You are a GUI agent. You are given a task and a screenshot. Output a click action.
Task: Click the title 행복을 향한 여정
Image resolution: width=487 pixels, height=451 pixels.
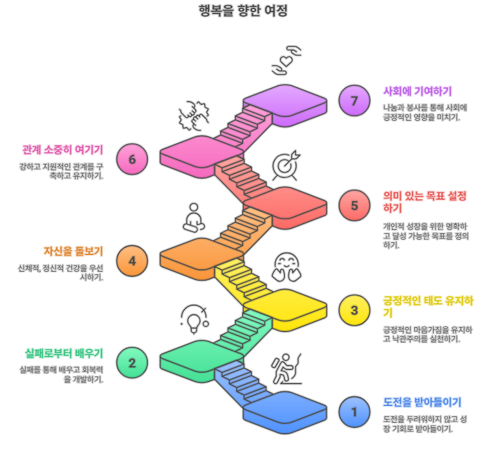coord(243,10)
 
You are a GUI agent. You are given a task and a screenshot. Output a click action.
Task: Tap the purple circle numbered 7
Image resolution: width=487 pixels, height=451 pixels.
coord(354,100)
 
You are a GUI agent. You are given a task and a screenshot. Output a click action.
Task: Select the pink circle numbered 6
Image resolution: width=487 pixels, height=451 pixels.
coord(132,159)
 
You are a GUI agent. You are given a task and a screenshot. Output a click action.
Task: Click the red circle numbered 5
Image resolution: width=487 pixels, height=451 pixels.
coord(354,206)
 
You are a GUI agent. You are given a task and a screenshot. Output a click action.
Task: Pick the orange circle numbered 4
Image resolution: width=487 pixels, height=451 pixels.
coord(132,261)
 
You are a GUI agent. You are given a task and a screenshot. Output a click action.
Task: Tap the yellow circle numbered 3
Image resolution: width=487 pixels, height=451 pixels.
coord(354,310)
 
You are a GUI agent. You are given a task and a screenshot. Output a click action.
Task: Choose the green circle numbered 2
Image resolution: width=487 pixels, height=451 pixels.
coord(132,362)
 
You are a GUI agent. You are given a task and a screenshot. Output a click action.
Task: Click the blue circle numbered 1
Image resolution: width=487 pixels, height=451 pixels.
coord(354,412)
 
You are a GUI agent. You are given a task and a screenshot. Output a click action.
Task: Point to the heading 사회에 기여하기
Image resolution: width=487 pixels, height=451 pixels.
coord(417,91)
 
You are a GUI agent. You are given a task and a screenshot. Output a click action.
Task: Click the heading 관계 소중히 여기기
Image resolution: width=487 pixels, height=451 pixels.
coord(63,150)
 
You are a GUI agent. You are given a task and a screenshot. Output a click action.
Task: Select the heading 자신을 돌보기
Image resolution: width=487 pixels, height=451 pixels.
coord(73,251)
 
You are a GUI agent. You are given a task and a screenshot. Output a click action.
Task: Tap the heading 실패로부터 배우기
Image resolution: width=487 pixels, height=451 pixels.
coord(64,353)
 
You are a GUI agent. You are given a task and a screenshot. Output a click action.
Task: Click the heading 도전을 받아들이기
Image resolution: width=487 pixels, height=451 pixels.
coord(422,402)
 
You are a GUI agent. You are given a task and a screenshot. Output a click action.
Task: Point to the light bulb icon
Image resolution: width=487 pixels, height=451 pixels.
coord(194,319)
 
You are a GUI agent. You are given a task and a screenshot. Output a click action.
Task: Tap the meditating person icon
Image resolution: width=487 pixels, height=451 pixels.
coord(194,218)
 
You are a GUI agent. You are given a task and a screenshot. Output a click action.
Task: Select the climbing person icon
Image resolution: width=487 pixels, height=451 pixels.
coord(286,369)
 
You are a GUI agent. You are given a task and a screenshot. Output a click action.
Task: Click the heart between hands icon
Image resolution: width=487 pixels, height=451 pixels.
coord(286,60)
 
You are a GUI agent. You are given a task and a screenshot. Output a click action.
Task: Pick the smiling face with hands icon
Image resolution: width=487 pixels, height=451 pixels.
coord(286,267)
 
